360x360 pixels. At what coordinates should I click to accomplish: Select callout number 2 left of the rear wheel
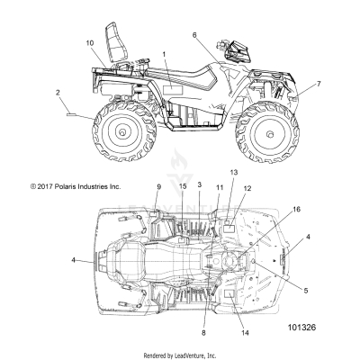click(58, 93)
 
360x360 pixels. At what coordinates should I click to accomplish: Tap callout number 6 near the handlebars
click(193, 35)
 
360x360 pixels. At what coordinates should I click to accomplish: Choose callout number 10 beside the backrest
click(90, 43)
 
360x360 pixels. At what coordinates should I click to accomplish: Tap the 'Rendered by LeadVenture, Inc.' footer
click(180, 355)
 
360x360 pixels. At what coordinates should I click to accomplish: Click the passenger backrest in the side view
click(114, 38)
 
